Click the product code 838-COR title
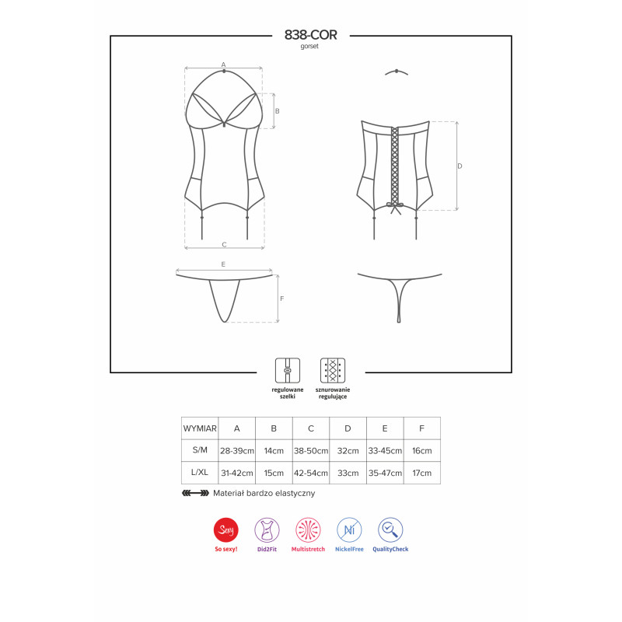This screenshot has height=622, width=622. click(x=310, y=36)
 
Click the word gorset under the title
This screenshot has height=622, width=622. click(x=310, y=47)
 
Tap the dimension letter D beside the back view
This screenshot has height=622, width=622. click(x=460, y=166)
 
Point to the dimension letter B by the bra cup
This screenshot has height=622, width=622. click(x=277, y=111)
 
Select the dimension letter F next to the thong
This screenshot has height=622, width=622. click(x=281, y=299)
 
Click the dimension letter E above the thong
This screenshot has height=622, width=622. click(x=223, y=264)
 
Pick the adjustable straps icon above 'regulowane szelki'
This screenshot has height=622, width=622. click(x=287, y=370)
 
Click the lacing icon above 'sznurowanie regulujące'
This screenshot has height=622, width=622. click(x=332, y=370)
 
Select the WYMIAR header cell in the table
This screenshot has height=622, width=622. click(x=200, y=428)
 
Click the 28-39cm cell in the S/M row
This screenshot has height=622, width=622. click(x=236, y=450)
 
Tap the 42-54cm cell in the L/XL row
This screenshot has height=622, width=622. click(x=311, y=473)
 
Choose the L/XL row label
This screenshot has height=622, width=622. click(x=200, y=473)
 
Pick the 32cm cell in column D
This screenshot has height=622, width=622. click(x=348, y=450)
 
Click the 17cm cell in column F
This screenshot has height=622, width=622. click(x=421, y=473)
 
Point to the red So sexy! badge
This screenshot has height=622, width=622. click(x=225, y=530)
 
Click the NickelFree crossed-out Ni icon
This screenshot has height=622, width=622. click(x=349, y=530)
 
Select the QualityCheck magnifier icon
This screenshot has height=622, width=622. click(x=390, y=530)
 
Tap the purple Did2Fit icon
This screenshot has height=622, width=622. click(x=267, y=530)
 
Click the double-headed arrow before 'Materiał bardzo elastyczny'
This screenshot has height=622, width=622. click(x=194, y=493)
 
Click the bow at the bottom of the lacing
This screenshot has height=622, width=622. click(x=395, y=206)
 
